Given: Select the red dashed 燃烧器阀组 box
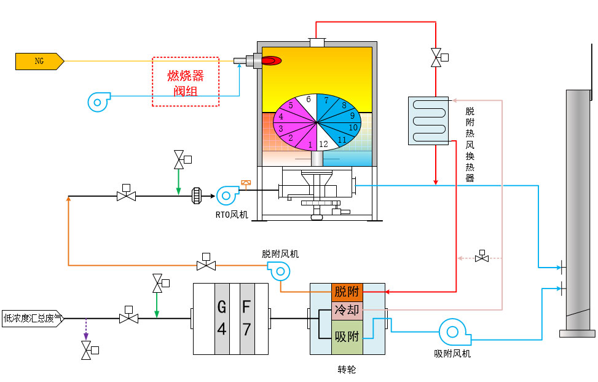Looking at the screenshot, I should (186, 82).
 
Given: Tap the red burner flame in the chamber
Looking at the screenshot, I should (271, 60).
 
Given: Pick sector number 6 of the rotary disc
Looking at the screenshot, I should (309, 99).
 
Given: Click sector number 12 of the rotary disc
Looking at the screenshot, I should (324, 144).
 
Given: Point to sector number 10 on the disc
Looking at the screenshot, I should (353, 127).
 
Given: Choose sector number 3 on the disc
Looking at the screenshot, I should (280, 129).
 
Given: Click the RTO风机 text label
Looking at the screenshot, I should (232, 215).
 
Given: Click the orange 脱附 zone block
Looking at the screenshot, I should (347, 292).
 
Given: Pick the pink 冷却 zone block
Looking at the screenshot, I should (347, 310).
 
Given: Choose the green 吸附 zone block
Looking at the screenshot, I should (347, 336).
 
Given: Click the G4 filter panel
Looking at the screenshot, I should (222, 319).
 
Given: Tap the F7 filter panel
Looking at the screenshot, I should (246, 319).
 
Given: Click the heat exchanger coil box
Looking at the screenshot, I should (428, 121).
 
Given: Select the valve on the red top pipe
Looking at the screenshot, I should (436, 58).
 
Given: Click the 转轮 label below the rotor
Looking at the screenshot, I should (347, 370).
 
